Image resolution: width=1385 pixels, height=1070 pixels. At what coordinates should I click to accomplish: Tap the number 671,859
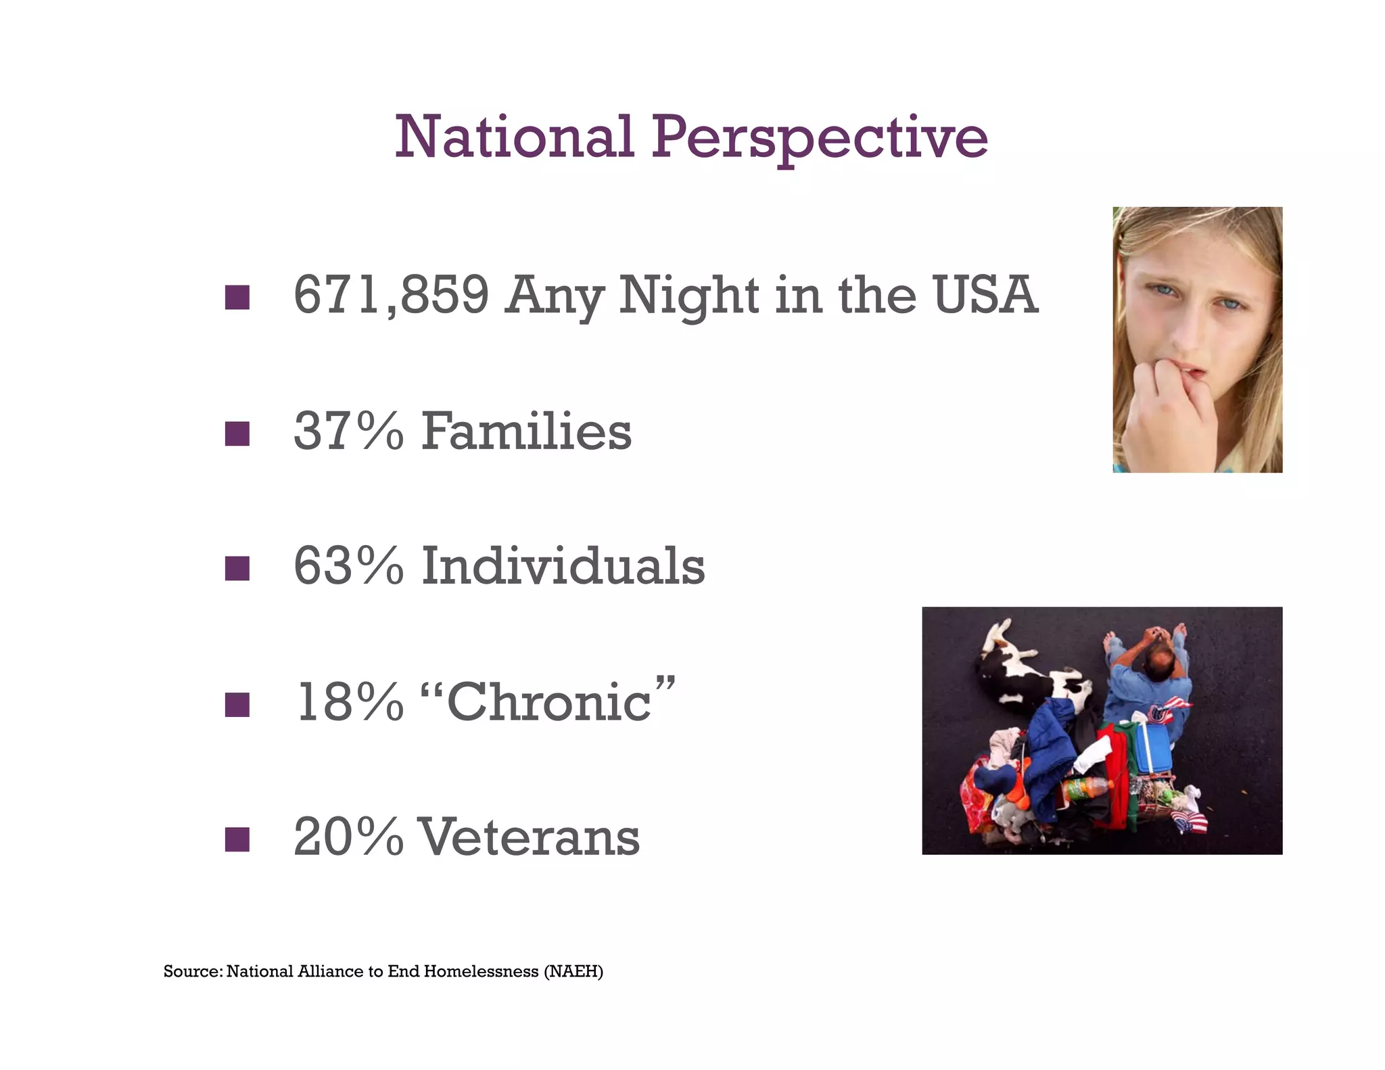coord(391,296)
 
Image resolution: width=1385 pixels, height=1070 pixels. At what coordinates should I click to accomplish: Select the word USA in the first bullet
coord(985,296)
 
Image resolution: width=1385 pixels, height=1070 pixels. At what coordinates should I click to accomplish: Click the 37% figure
coord(348,432)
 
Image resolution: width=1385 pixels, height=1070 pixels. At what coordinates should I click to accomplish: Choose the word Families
coord(526,432)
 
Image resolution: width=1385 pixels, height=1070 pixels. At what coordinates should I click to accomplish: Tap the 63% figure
coord(348,566)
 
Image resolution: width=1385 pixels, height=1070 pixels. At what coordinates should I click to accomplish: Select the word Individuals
coord(563,566)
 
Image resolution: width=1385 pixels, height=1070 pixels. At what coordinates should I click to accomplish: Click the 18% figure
coord(348,702)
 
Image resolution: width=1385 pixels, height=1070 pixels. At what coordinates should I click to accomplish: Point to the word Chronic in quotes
coord(548,702)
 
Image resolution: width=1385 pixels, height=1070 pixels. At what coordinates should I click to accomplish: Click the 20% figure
coord(348,837)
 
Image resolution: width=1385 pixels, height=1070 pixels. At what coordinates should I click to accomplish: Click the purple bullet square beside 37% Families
coord(237,434)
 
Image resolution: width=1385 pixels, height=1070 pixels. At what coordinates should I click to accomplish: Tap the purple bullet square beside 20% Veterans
coord(237,839)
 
